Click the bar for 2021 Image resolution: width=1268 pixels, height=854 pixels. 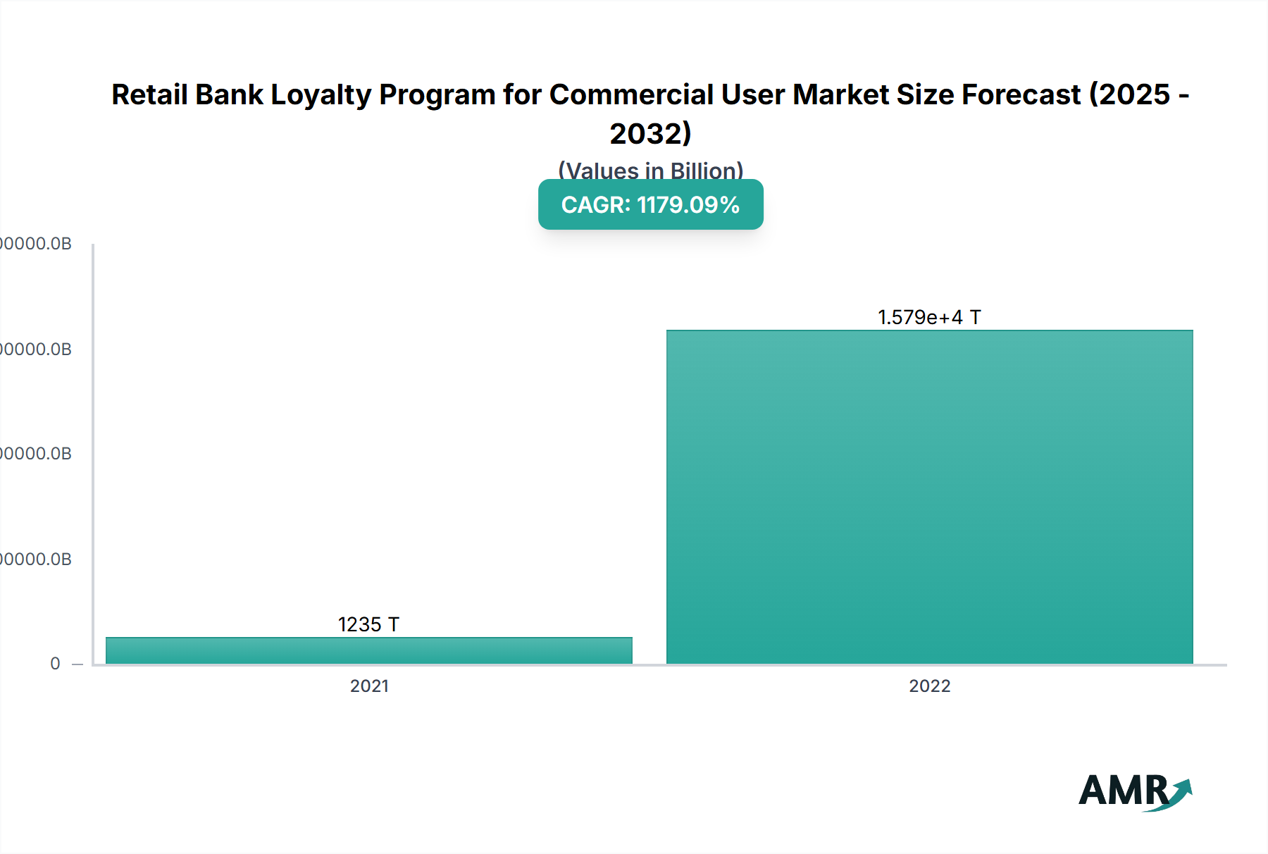pyautogui.click(x=368, y=650)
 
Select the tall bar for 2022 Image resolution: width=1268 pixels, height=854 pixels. pyautogui.click(x=929, y=497)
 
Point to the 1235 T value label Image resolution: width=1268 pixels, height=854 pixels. pyautogui.click(x=368, y=624)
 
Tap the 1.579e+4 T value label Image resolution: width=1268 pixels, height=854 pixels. pyautogui.click(x=929, y=317)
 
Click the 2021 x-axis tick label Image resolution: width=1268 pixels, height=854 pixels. pyautogui.click(x=369, y=686)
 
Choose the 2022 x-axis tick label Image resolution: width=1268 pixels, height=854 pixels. pyautogui.click(x=929, y=686)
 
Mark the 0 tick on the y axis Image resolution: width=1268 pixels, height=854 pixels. pyautogui.click(x=55, y=663)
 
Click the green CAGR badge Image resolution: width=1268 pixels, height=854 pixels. pyautogui.click(x=650, y=204)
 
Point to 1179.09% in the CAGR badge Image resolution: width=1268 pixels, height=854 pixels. pyautogui.click(x=688, y=205)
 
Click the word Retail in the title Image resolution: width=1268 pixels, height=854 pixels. pyautogui.click(x=149, y=94)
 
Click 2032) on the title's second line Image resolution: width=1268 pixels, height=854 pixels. pyautogui.click(x=650, y=133)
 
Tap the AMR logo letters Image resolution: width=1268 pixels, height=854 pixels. pyautogui.click(x=1123, y=791)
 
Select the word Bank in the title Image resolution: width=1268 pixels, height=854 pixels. pyautogui.click(x=229, y=94)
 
